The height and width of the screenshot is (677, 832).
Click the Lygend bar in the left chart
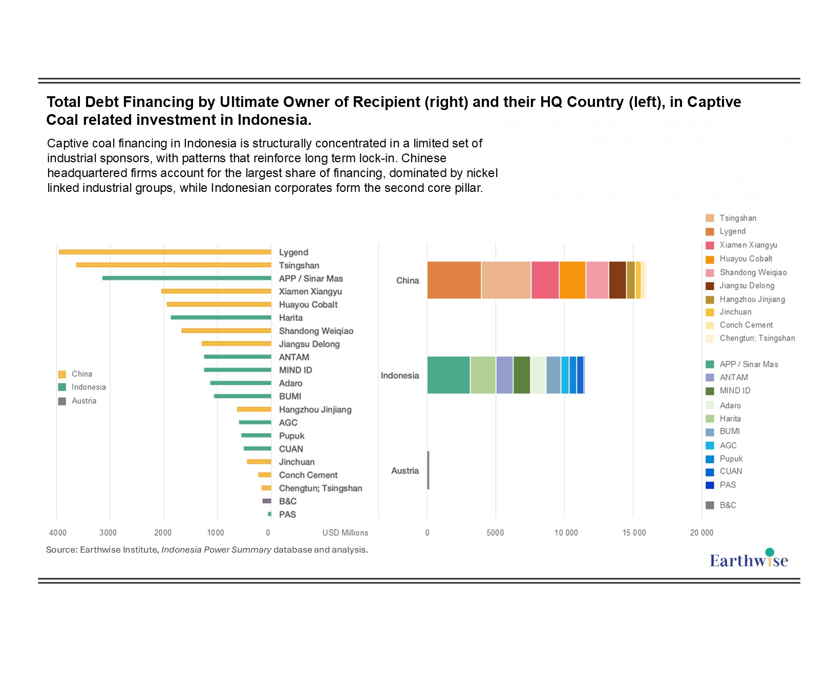165,252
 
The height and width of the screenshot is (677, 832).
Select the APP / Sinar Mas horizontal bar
187,278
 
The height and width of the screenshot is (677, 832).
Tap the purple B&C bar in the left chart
267,501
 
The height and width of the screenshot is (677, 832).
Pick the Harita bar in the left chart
221,317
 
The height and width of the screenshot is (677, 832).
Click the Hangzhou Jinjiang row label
315,409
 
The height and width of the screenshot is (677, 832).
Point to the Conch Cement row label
308,475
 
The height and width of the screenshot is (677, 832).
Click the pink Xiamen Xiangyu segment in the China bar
545,280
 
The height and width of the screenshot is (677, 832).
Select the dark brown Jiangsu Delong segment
617,280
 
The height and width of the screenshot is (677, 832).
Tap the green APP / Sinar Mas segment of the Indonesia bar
449,375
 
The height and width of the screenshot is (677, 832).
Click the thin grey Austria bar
428,470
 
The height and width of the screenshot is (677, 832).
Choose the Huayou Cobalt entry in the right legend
745,259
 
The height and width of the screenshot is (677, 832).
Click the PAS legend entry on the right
728,485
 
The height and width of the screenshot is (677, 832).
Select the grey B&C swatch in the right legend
710,506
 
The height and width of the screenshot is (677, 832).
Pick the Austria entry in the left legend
83,401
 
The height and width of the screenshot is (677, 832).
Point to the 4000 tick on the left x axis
58,533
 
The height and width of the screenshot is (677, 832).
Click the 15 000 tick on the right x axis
634,533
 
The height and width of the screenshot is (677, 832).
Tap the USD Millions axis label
345,533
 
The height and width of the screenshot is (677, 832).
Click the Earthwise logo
749,559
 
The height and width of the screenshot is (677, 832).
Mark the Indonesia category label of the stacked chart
400,376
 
